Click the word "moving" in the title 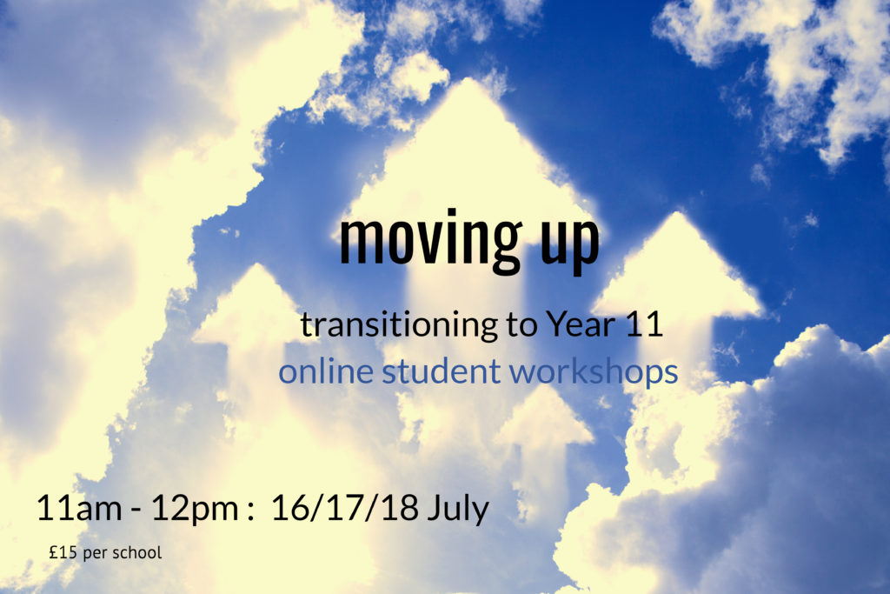[x=430, y=241]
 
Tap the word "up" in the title [x=570, y=245]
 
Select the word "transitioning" [x=400, y=325]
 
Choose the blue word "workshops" [x=594, y=372]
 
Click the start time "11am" [x=79, y=507]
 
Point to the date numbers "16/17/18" [x=344, y=507]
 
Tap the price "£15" [x=63, y=552]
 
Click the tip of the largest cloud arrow [x=468, y=79]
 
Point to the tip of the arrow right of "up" [x=676, y=215]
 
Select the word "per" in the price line [x=96, y=554]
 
